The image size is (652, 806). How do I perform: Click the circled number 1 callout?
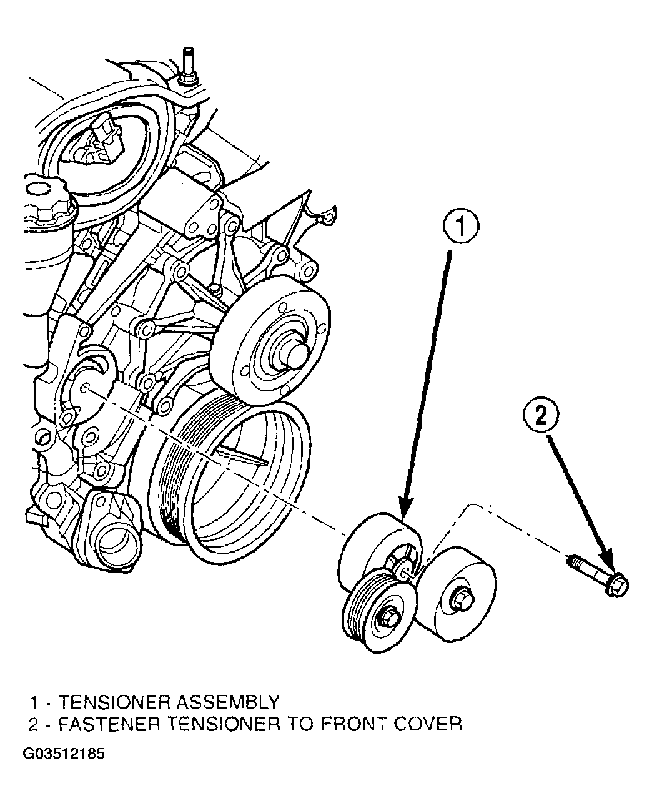click(x=460, y=226)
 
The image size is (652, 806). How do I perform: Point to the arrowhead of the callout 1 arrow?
click(x=407, y=508)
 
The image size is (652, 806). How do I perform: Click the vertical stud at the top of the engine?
click(x=188, y=66)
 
